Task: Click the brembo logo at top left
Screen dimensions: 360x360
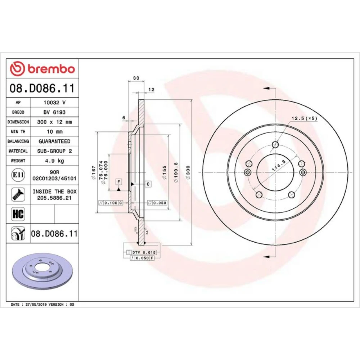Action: [x=42, y=69]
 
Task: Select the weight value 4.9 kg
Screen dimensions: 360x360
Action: [x=54, y=161]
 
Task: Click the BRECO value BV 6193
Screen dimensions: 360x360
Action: [x=54, y=112]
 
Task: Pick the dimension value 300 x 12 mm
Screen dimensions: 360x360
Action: [x=54, y=122]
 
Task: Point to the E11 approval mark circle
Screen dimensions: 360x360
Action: [x=18, y=175]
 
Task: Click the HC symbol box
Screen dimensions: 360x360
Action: [x=18, y=214]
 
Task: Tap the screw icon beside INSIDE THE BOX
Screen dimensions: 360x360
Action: [x=18, y=194]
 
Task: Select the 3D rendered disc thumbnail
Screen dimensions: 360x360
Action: [x=43, y=271]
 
